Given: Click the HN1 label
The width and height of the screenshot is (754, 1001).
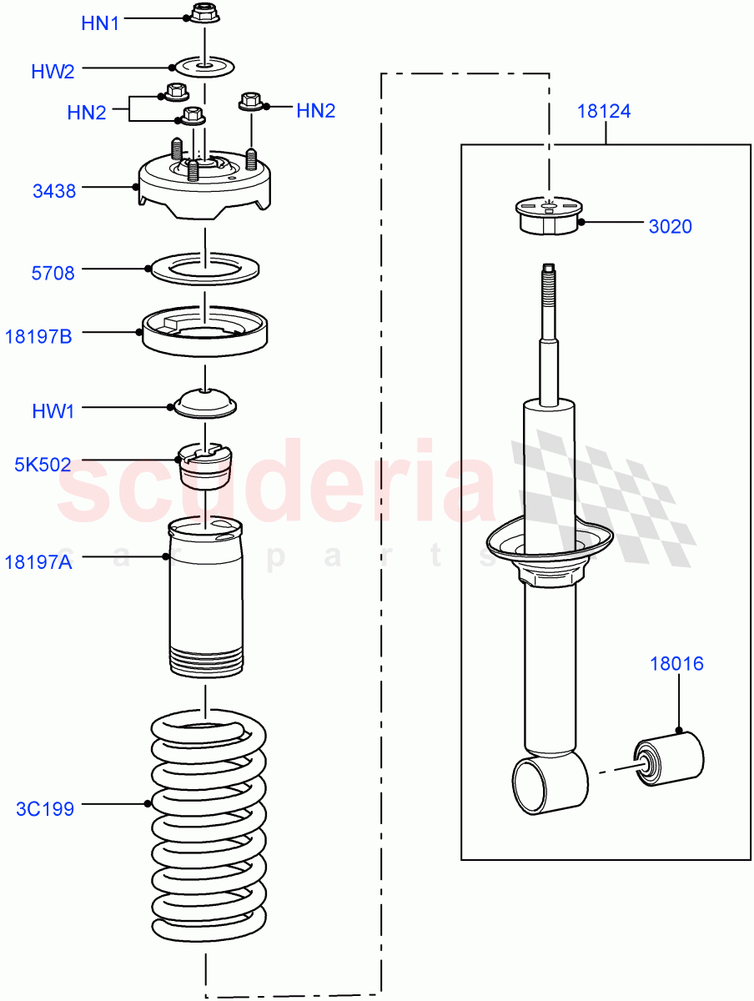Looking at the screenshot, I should click(100, 23).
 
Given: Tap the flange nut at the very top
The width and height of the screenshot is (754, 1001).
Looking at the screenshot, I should click(203, 13).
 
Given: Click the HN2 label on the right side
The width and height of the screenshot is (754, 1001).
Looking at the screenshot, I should click(315, 111).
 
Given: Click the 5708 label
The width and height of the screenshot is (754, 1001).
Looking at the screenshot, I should click(53, 273).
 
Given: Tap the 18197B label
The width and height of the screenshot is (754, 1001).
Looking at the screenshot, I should click(38, 337).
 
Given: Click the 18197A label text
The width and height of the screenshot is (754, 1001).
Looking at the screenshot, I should click(39, 563).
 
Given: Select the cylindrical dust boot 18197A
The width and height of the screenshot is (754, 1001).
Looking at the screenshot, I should click(205, 601).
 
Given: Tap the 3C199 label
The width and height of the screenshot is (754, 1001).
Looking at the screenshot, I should click(45, 809).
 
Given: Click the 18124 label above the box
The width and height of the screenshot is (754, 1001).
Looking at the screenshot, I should click(604, 111).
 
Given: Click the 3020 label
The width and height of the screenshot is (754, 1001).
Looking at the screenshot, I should click(670, 226).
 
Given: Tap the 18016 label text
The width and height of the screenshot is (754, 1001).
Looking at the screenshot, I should click(677, 664).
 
